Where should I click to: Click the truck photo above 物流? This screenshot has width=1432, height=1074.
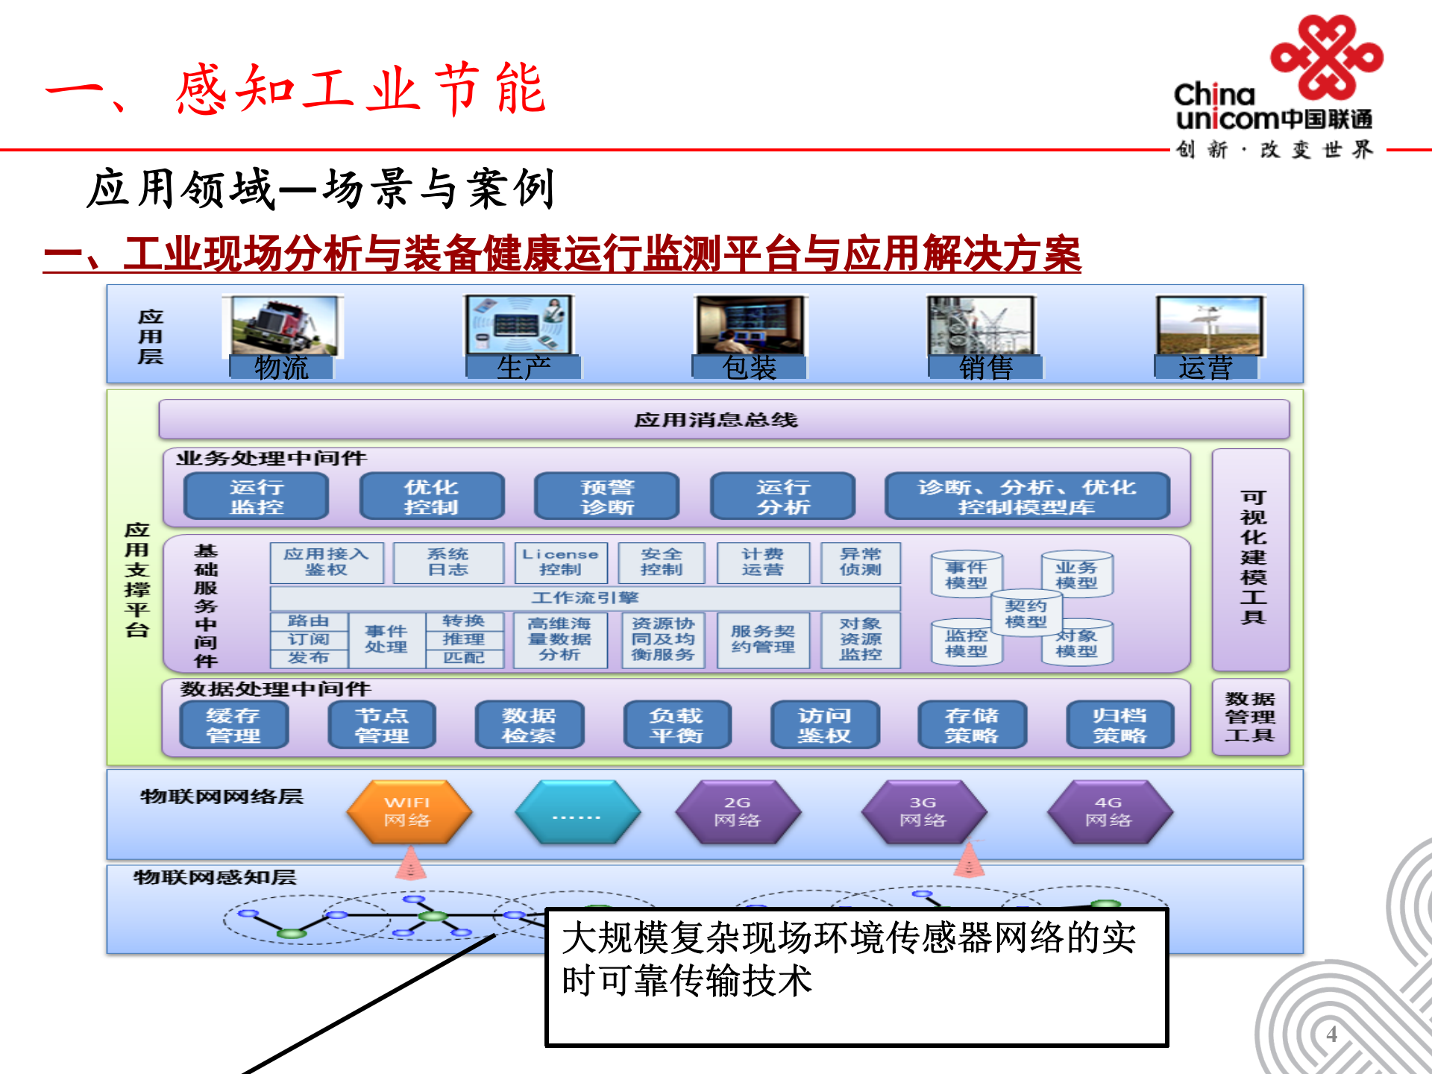pos(283,325)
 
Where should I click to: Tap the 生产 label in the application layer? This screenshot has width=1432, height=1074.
pos(523,368)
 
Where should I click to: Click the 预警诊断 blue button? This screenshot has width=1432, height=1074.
pos(607,497)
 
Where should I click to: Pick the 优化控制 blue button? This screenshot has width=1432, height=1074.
pos(431,497)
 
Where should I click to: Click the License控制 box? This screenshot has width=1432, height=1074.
pos(561,562)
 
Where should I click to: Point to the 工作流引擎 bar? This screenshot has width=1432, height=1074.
pos(585,598)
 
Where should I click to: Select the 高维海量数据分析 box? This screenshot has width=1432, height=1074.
pos(559,640)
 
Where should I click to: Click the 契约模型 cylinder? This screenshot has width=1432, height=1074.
pos(1026,613)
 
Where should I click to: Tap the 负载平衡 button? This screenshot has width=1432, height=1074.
pos(676,725)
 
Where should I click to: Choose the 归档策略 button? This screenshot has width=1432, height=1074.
pos(1119,725)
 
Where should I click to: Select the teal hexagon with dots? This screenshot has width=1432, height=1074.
pos(577,812)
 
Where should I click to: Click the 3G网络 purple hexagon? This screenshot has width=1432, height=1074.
pos(923,812)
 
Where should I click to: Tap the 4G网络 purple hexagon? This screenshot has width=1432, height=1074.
pos(1109,812)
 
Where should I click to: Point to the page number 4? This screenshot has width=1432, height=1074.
pos(1331,1034)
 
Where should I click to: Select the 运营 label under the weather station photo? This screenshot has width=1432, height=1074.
pos(1205,368)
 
